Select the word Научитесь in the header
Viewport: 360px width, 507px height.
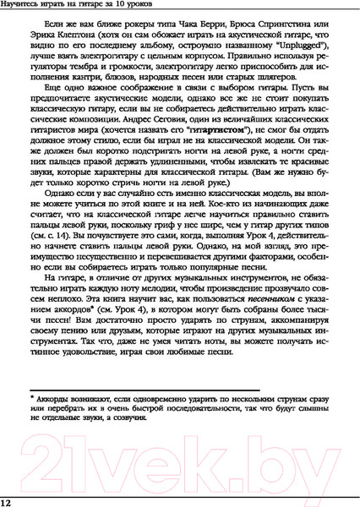(26, 8)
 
